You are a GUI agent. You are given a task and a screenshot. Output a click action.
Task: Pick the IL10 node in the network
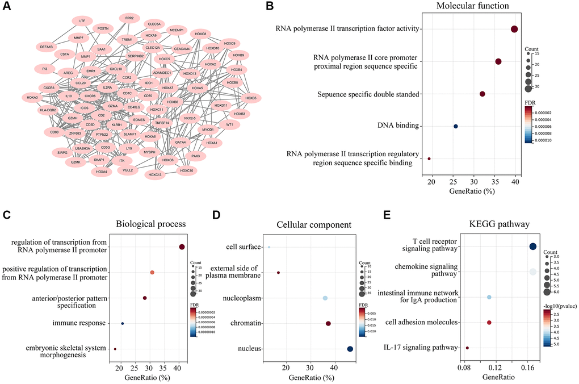69,96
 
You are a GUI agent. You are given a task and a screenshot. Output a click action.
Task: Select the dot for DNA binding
455,126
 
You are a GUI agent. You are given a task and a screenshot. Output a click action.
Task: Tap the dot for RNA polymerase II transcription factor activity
514,30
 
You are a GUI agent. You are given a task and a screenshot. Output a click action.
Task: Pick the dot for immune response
123,324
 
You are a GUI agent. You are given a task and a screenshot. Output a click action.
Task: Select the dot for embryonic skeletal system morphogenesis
115,349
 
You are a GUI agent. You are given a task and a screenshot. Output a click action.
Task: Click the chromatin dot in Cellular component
328,323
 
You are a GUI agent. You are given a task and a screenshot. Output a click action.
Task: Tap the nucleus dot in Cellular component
350,349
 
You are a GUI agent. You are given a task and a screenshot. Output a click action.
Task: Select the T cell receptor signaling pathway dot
532,247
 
